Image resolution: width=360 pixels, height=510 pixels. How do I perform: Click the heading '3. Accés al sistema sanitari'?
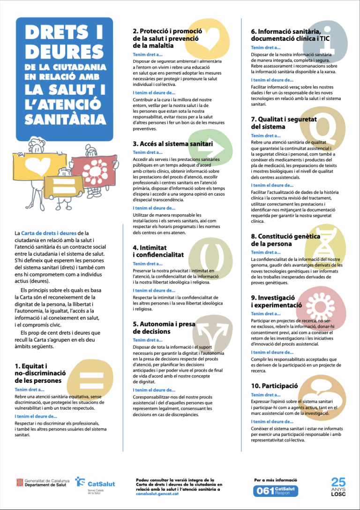173,144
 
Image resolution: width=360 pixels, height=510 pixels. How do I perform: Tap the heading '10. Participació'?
275,386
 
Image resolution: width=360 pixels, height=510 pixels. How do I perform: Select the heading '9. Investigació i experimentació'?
276,301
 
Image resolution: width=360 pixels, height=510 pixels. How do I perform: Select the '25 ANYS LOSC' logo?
338,487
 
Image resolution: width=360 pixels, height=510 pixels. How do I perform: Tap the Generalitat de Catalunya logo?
43,483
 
